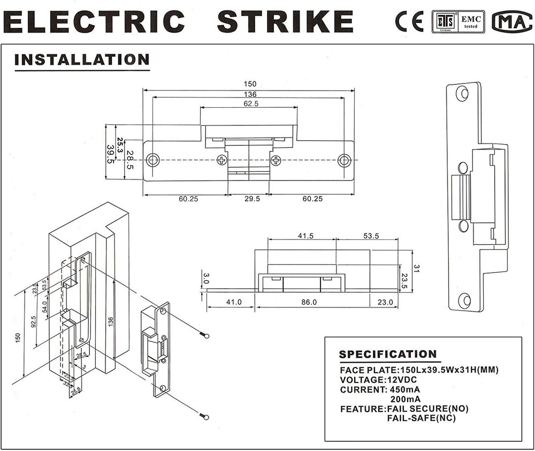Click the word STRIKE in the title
click(285, 21)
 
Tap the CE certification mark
click(409, 21)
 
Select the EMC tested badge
click(471, 22)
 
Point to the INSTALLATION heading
click(82, 59)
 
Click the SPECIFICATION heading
click(388, 354)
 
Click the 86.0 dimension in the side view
click(309, 302)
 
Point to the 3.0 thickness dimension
click(206, 279)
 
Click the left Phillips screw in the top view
click(222, 160)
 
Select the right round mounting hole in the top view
click(345, 160)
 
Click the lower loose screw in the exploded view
click(204, 416)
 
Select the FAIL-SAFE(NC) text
click(422, 418)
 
